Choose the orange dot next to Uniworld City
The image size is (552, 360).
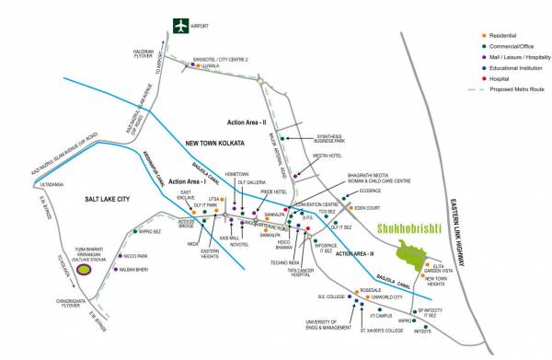[362, 297]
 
